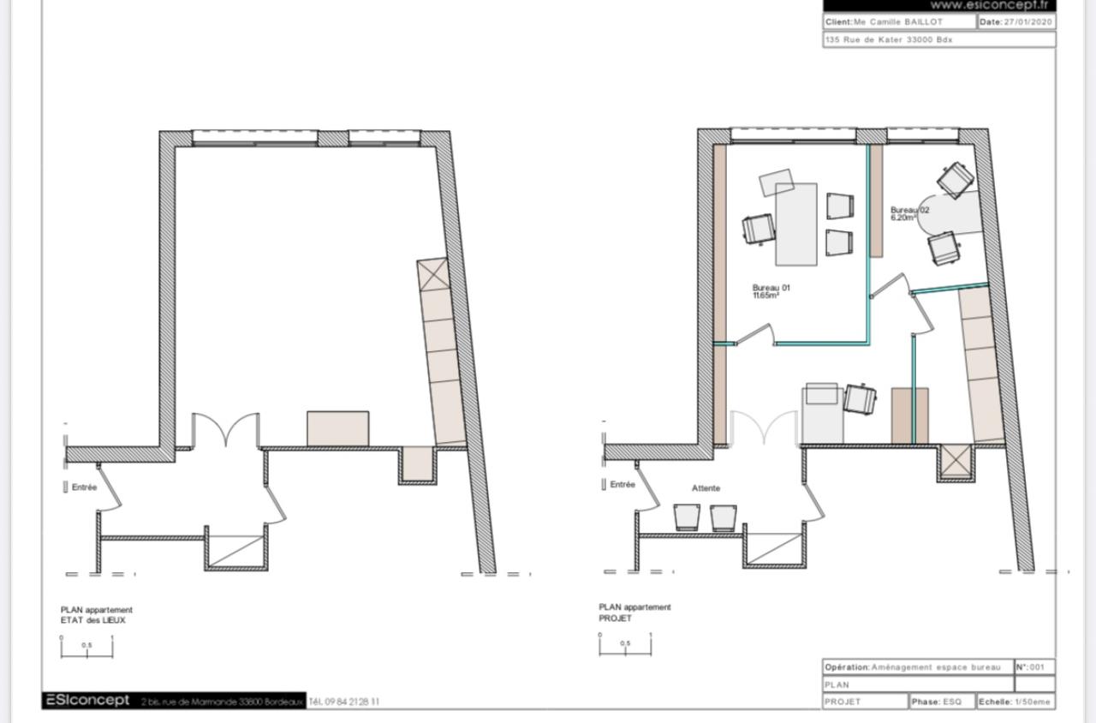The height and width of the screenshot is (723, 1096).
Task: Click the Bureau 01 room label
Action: click(x=771, y=291)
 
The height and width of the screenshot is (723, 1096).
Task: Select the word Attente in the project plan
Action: click(x=706, y=488)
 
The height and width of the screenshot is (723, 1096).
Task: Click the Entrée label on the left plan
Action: click(x=84, y=487)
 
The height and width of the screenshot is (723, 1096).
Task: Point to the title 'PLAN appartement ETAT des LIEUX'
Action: click(x=96, y=615)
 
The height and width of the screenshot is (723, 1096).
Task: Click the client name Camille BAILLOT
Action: click(x=898, y=22)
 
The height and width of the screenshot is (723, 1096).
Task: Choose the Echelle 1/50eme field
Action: click(x=1016, y=702)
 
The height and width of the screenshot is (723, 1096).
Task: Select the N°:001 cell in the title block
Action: click(x=1033, y=666)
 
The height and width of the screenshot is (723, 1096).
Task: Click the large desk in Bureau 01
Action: click(x=795, y=224)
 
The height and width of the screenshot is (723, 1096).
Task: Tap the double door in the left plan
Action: click(x=225, y=430)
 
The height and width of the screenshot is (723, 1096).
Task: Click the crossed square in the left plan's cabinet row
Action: click(x=432, y=274)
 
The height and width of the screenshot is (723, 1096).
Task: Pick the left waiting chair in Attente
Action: click(x=688, y=517)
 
